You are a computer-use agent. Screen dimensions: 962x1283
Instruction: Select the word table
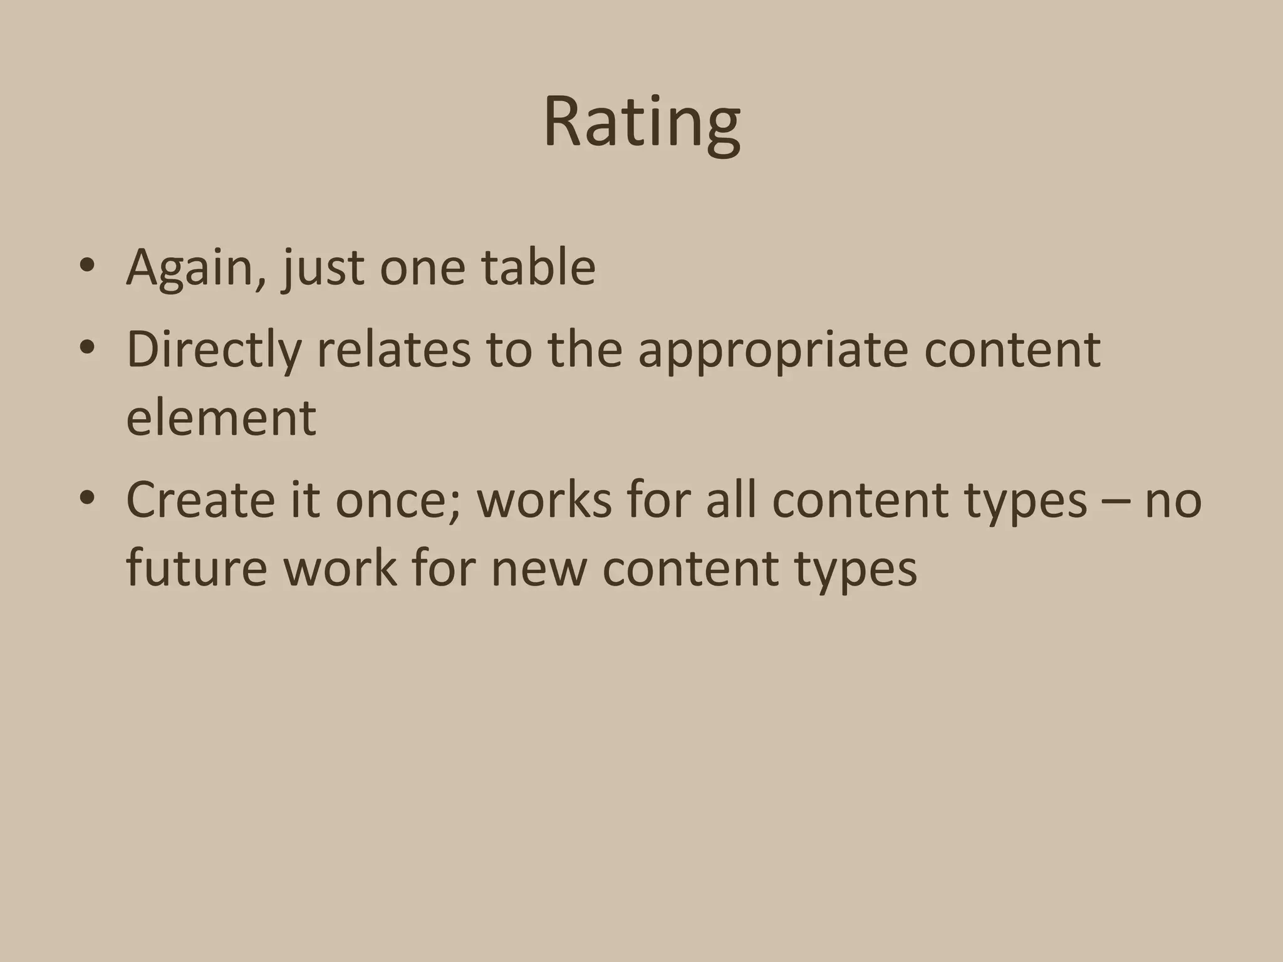click(x=538, y=267)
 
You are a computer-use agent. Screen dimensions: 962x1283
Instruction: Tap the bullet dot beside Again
click(x=87, y=266)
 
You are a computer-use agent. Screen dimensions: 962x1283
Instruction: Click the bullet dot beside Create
click(x=87, y=498)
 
